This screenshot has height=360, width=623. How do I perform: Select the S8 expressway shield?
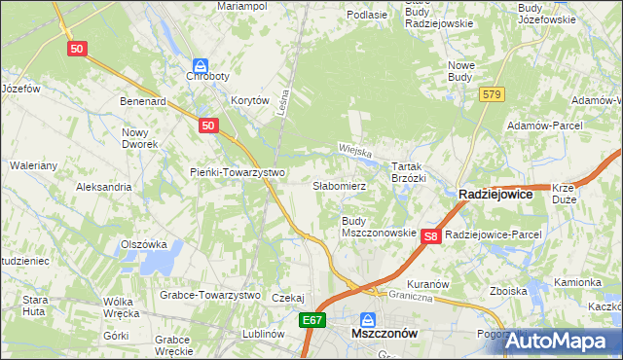click(433, 235)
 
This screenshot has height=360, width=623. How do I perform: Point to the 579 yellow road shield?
click(491, 93)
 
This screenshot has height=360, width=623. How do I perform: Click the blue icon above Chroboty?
click(200, 63)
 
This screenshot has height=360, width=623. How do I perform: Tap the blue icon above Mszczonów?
click(368, 318)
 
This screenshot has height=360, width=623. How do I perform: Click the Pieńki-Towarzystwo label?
click(237, 173)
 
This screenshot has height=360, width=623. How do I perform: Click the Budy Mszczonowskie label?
click(379, 228)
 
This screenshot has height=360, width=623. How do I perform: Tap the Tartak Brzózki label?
click(409, 172)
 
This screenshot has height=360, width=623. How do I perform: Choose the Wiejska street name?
click(356, 151)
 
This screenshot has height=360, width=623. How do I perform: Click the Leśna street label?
click(283, 99)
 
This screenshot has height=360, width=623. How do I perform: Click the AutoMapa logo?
click(563, 341)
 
